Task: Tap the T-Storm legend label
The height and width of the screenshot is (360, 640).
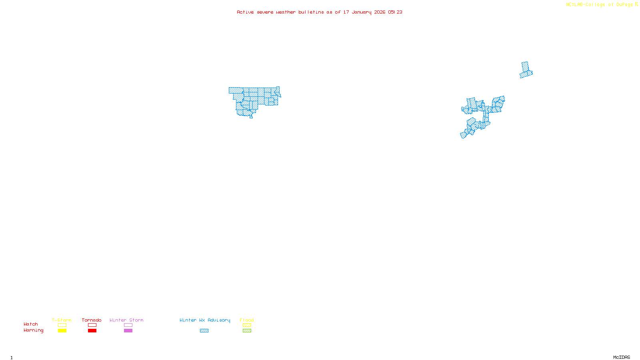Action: coord(62,320)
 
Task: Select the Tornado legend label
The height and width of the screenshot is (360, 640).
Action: coord(92,320)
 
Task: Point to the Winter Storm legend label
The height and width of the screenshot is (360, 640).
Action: coord(126,320)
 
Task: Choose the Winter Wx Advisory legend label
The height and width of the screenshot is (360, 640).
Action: coord(205,320)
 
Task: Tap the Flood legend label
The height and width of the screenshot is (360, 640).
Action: coord(247,320)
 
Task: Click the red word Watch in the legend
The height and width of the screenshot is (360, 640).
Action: coord(31,324)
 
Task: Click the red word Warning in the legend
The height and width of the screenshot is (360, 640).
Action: coord(34,330)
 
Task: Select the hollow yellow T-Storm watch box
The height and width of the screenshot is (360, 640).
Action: coord(62,325)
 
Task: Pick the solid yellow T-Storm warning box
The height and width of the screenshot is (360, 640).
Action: coord(62,331)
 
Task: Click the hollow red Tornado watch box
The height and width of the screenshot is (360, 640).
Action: coord(92,325)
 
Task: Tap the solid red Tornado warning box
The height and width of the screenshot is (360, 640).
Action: coord(92,331)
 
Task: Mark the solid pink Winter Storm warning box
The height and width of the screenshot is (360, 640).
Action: coord(128,331)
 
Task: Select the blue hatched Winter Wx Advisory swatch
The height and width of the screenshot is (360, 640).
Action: coord(204,331)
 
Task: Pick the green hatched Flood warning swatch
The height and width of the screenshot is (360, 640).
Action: coord(247,331)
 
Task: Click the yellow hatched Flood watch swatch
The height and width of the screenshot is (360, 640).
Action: coord(247,325)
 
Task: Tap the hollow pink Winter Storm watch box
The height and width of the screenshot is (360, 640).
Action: coord(128,325)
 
